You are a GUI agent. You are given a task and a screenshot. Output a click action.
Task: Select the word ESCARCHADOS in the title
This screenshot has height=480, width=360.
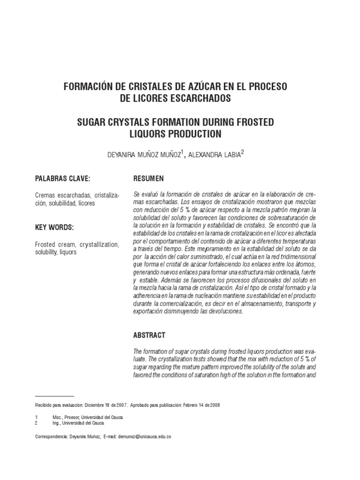click(x=200, y=99)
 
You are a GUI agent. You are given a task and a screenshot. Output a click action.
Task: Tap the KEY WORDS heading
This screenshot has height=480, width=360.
click(x=54, y=227)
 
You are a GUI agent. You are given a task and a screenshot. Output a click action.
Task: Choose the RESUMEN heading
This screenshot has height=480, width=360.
click(x=149, y=179)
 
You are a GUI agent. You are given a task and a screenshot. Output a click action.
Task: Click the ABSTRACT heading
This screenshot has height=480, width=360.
click(x=150, y=336)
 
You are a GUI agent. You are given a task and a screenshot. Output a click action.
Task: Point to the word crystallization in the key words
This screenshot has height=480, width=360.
click(x=99, y=245)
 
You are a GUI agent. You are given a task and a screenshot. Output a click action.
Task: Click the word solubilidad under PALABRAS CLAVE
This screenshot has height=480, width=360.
click(x=63, y=203)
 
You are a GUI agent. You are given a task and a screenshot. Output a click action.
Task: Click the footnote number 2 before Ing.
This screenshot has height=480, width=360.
click(x=36, y=422)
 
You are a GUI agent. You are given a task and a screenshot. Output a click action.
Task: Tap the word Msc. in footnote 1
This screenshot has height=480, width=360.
click(x=58, y=417)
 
